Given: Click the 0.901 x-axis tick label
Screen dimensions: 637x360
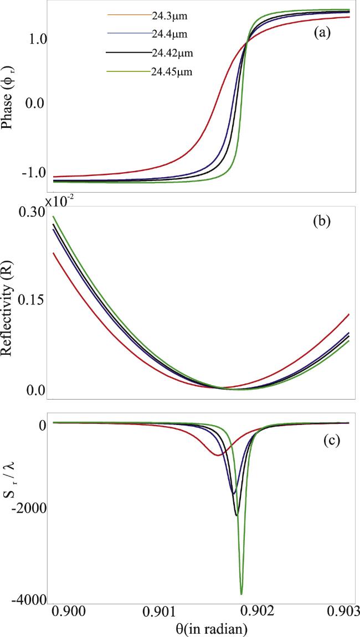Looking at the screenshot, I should (161, 611).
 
